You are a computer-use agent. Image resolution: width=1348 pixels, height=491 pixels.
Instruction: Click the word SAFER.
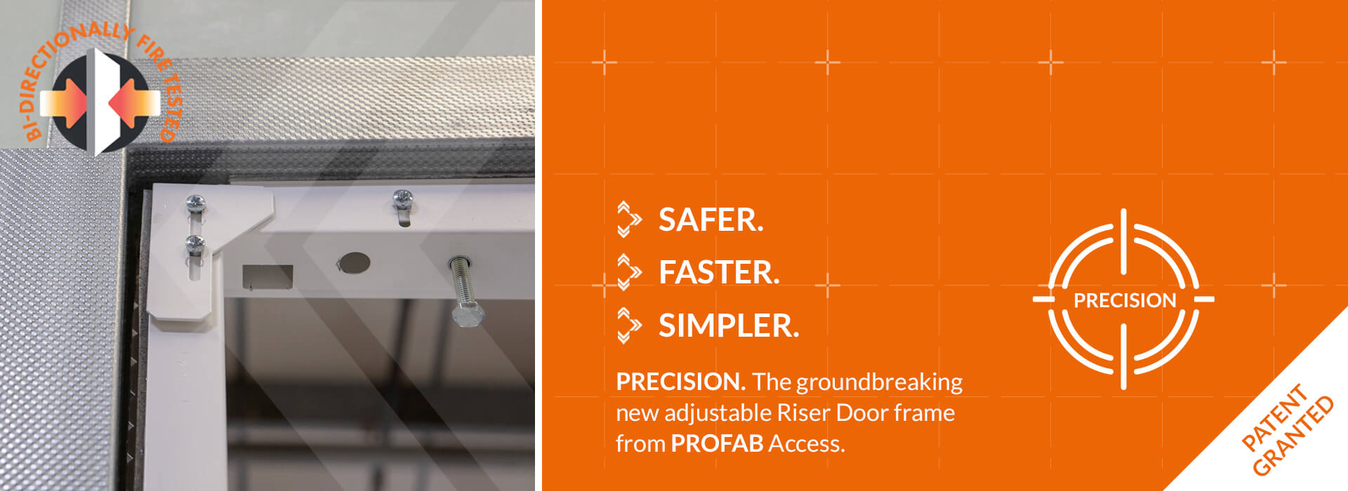pyautogui.click(x=711, y=220)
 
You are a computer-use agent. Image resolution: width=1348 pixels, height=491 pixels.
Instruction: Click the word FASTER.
pyautogui.click(x=719, y=273)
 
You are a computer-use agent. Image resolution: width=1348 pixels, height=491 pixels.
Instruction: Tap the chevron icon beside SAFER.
pyautogui.click(x=628, y=220)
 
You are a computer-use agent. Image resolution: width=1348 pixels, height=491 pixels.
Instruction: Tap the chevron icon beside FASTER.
pyautogui.click(x=628, y=272)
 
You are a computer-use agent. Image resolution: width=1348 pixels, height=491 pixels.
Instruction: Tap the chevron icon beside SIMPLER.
pyautogui.click(x=628, y=325)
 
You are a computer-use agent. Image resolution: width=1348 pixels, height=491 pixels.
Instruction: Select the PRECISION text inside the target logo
pyautogui.click(x=1125, y=300)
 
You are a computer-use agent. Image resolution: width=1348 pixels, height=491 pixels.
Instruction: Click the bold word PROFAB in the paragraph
pyautogui.click(x=716, y=444)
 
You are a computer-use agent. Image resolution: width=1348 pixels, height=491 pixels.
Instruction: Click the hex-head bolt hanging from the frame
pyautogui.click(x=465, y=312)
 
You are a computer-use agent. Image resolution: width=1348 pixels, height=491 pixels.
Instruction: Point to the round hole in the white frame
pyautogui.click(x=355, y=263)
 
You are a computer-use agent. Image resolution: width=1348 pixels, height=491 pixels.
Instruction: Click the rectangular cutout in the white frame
pyautogui.click(x=267, y=276)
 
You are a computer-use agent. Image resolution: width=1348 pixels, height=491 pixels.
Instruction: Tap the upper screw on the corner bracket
pyautogui.click(x=194, y=204)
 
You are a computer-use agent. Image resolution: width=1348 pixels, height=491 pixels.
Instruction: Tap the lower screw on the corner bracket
pyautogui.click(x=194, y=243)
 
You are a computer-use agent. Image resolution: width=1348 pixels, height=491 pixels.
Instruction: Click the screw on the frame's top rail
pyautogui.click(x=402, y=198)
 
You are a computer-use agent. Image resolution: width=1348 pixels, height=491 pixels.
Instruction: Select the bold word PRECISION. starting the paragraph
pyautogui.click(x=680, y=382)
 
